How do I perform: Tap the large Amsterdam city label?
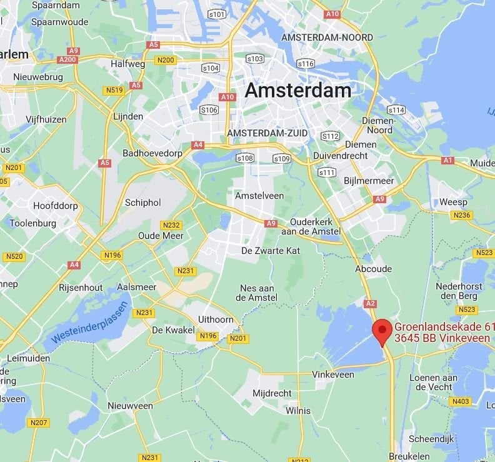point(297,90)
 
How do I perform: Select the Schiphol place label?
point(142,203)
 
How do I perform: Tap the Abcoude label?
point(373,269)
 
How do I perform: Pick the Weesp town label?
point(453,202)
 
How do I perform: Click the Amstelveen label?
point(259,196)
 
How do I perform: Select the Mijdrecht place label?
point(272,393)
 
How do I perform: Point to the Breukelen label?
point(409,456)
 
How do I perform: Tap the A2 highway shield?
point(370,303)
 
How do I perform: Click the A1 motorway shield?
point(447,160)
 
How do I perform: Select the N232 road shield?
point(171,225)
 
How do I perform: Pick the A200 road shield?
point(66,59)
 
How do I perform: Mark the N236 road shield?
point(462,215)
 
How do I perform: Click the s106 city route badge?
point(209,110)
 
